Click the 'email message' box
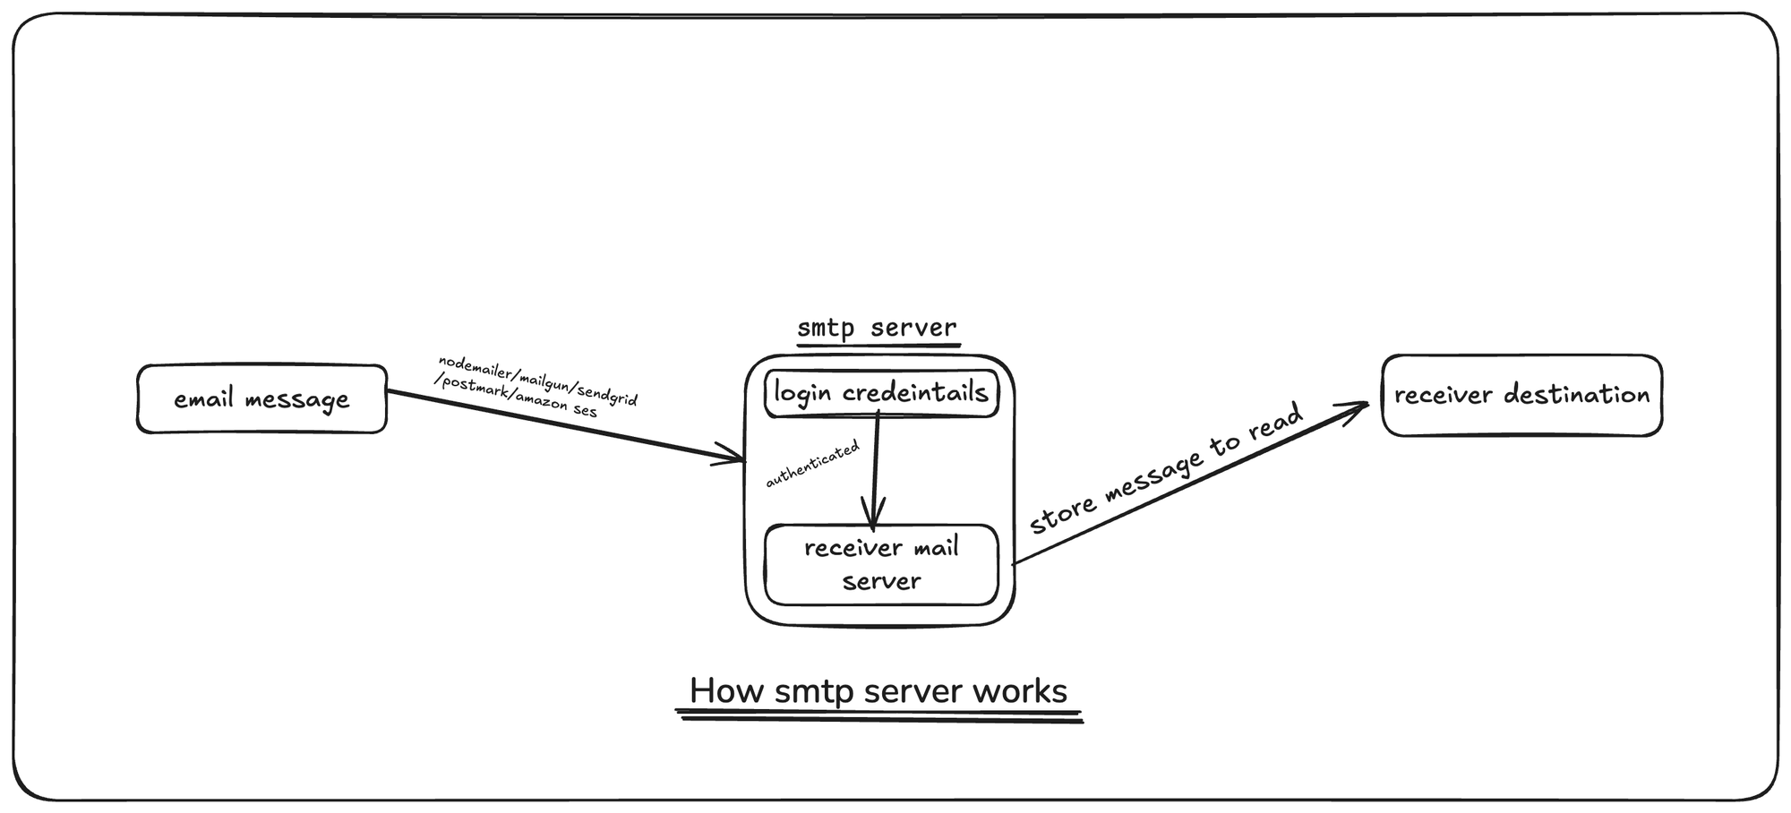[261, 399]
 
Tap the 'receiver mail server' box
[881, 564]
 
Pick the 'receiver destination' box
[1521, 395]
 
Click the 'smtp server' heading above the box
[877, 328]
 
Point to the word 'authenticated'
[812, 464]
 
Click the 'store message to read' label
[1165, 469]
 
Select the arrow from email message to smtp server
[564, 426]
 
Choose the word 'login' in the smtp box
[802, 393]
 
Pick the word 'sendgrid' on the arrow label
[607, 394]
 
